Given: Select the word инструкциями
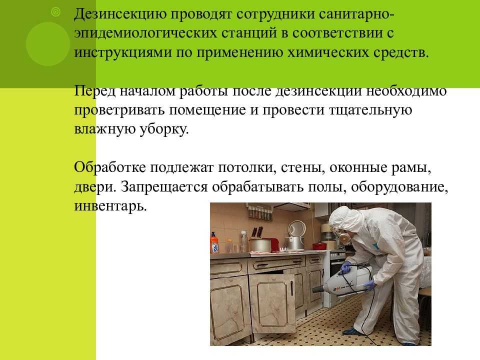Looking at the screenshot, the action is tap(123, 52).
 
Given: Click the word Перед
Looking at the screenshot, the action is tap(95, 91).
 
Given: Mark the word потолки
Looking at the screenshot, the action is tap(247, 168).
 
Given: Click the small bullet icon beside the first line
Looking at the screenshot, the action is tap(55, 12).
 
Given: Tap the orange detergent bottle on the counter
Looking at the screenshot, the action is tap(214, 243).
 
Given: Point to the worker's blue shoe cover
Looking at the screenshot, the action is tap(351, 331).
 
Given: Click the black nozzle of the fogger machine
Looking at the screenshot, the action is tap(318, 289).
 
